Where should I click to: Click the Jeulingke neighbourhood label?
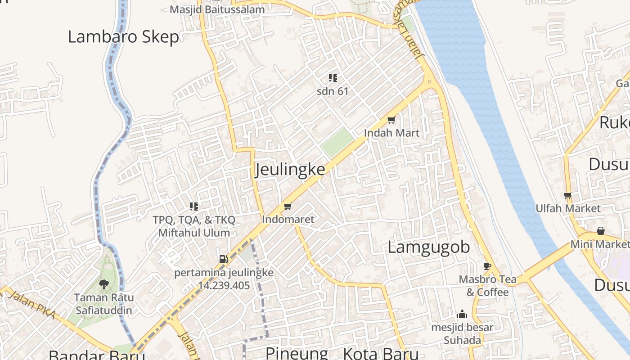tap(290, 170)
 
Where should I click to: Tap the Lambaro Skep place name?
tap(123, 37)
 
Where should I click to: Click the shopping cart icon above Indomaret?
tap(288, 207)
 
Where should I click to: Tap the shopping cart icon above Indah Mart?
tap(391, 120)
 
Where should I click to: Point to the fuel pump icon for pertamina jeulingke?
tap(223, 259)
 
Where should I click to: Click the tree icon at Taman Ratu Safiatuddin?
tap(104, 284)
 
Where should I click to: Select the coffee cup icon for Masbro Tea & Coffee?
tap(487, 266)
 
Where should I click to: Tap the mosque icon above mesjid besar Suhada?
tap(462, 314)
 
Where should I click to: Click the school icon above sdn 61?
tap(333, 78)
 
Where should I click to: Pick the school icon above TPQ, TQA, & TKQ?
tap(194, 207)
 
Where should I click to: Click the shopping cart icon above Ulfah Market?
tap(568, 195)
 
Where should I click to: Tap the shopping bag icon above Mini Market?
tap(600, 231)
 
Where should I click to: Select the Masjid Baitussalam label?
tap(217, 9)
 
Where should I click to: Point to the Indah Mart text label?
tap(391, 133)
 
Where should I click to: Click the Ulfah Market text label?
tap(568, 208)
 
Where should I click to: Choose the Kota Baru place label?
tap(381, 353)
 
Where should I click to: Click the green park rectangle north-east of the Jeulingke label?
tap(337, 142)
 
